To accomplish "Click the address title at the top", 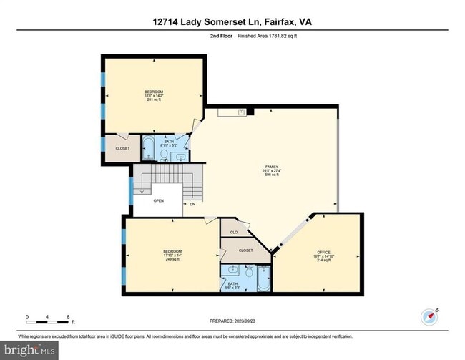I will click(x=232, y=22).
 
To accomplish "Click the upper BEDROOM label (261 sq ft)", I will click(x=154, y=92).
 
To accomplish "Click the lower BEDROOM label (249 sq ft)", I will click(x=172, y=252).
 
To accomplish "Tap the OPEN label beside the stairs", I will click(x=158, y=200).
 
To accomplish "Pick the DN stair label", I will click(x=192, y=205).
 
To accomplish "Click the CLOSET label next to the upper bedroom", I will click(x=122, y=149).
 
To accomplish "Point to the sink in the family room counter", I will click(x=242, y=112).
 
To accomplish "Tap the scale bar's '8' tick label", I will click(x=67, y=316).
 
